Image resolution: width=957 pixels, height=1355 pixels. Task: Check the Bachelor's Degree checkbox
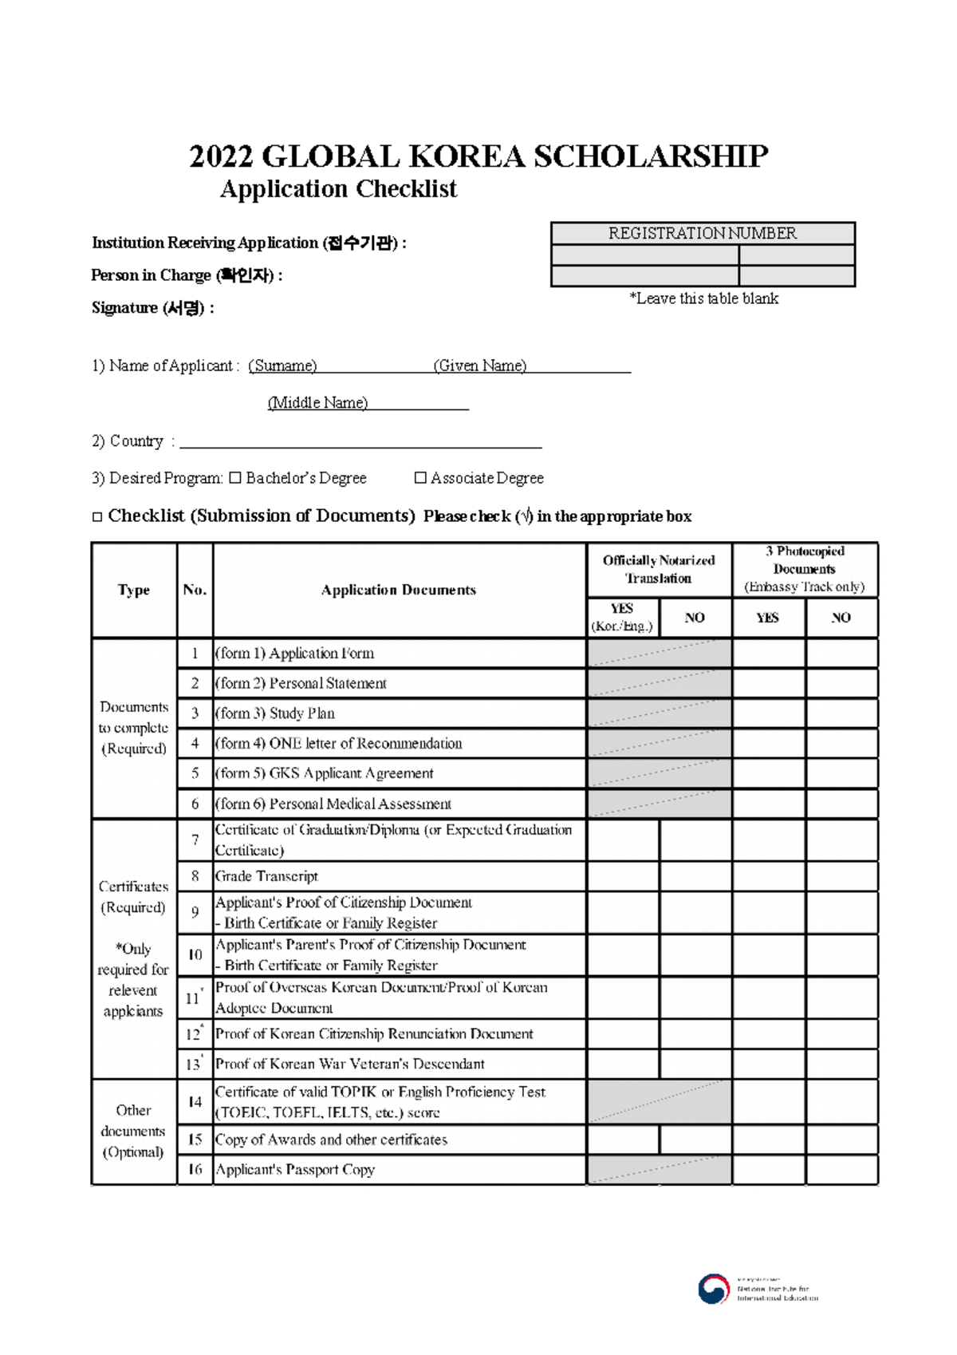(234, 478)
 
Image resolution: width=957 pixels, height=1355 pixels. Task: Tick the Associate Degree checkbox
(420, 478)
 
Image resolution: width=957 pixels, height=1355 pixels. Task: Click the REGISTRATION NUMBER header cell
(702, 233)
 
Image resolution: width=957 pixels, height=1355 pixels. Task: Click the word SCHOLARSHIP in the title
(650, 156)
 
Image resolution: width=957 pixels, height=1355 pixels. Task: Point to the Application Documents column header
(398, 590)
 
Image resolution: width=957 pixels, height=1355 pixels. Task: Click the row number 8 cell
(195, 876)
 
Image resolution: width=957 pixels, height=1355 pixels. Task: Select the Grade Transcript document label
(266, 876)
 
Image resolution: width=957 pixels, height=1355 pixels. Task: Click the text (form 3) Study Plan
(274, 713)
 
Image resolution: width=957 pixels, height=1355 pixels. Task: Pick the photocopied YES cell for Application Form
(768, 654)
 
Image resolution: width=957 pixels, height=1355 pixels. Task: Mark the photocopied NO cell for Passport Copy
(841, 1170)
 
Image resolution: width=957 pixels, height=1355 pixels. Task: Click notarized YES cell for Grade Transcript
(623, 876)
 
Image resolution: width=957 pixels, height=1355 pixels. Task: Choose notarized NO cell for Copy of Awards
(695, 1140)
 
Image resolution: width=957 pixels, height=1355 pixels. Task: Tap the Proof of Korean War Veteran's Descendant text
(349, 1064)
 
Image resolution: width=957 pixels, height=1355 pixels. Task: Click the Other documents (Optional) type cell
(133, 1131)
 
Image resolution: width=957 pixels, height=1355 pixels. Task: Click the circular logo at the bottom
(713, 1288)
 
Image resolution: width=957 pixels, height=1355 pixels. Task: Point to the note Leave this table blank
(703, 298)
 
